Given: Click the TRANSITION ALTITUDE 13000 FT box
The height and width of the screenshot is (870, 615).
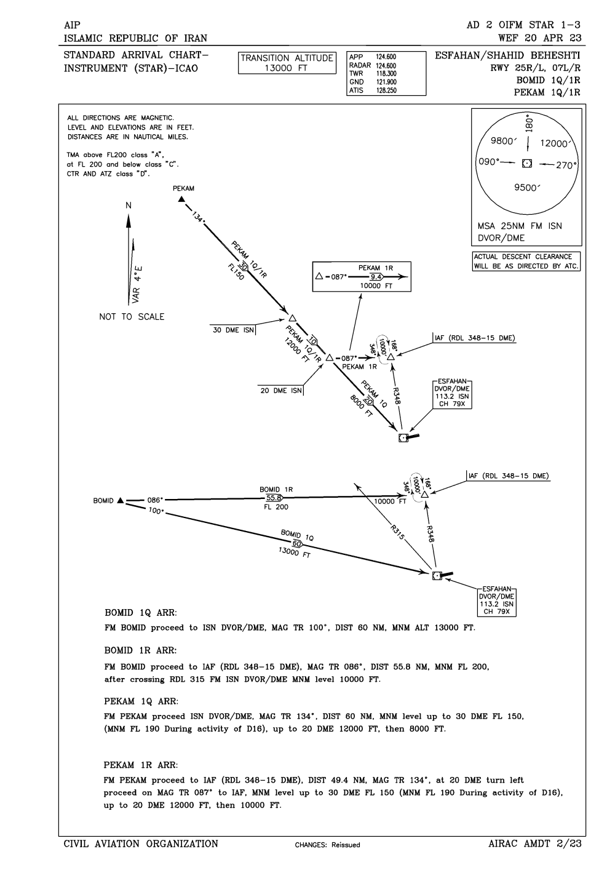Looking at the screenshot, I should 287,63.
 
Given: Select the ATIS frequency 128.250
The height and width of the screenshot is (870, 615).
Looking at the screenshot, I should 386,90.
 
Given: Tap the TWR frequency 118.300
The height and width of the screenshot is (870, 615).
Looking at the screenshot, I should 386,73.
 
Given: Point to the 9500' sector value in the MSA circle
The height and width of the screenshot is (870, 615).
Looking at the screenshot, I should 527,188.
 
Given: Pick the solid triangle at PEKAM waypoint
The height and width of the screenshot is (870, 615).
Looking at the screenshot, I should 181,199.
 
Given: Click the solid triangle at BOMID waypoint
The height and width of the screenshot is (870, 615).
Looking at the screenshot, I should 121,500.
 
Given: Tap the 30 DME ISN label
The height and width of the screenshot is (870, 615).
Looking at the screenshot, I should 233,330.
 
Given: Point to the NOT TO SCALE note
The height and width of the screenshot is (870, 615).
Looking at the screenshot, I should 132,317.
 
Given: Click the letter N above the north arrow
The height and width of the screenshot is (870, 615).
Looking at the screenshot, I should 129,206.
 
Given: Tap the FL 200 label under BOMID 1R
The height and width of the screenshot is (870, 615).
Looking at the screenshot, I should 275,507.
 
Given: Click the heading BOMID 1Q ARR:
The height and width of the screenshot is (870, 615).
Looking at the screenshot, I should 141,613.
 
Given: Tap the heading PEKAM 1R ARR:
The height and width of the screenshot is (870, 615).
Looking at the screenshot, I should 141,765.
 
